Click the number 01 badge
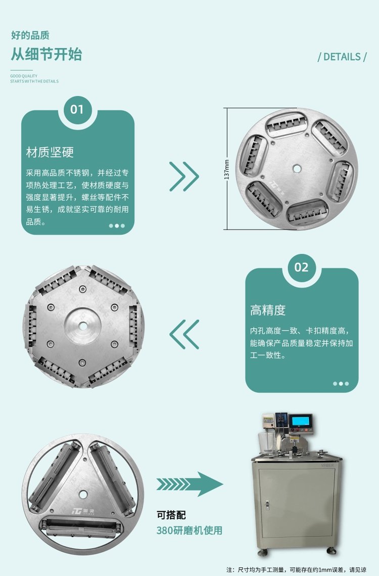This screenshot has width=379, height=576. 77,109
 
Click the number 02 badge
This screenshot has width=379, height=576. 302,267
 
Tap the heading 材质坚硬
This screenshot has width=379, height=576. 50,152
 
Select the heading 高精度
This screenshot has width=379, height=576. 268,310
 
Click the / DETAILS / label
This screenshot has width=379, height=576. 342,57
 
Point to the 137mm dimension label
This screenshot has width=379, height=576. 226,169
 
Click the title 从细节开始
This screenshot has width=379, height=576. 46,54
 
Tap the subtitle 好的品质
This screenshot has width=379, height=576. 30,35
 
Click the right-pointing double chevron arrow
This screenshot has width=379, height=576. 184,176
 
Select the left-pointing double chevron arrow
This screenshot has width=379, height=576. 184,334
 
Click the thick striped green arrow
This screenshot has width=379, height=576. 189,484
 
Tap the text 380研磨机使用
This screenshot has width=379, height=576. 189,530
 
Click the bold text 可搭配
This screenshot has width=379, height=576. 171,515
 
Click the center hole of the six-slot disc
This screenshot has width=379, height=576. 297,168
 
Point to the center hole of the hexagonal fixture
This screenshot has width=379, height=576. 83,326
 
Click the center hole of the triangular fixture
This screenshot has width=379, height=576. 83,495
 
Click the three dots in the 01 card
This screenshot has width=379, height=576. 117,226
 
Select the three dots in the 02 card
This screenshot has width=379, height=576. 341,383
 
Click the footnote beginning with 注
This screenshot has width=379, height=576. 296,570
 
